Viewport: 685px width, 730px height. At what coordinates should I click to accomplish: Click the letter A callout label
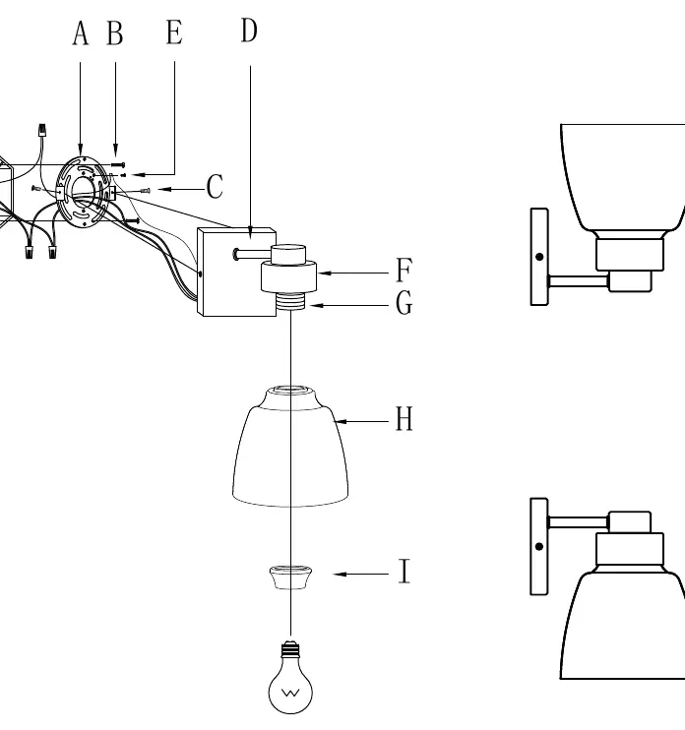(x=80, y=33)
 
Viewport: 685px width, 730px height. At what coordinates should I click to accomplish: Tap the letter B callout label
(x=115, y=33)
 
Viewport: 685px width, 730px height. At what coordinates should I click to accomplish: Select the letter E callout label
(x=174, y=32)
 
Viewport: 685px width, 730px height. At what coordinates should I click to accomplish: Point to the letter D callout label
(x=249, y=30)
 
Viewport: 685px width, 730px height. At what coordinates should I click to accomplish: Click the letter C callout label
(x=215, y=187)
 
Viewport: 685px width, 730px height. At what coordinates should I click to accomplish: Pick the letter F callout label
(x=404, y=270)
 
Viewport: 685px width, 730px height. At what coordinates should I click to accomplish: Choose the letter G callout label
(x=404, y=303)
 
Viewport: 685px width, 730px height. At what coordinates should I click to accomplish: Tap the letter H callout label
(x=404, y=418)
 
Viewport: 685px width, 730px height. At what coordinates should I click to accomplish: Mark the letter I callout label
(x=405, y=571)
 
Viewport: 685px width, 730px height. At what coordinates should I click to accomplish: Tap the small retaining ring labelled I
(x=290, y=578)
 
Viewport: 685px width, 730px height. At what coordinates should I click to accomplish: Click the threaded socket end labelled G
(x=290, y=301)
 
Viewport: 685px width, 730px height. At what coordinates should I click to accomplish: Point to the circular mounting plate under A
(x=83, y=192)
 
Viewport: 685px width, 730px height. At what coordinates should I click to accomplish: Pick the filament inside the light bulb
(x=290, y=693)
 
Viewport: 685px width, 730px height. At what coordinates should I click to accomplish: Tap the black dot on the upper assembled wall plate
(x=539, y=257)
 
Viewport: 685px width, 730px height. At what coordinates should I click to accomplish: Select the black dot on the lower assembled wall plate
(x=539, y=546)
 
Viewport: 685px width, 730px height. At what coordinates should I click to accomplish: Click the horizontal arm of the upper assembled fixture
(x=579, y=281)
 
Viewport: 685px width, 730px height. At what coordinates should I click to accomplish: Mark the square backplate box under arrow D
(x=236, y=272)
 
